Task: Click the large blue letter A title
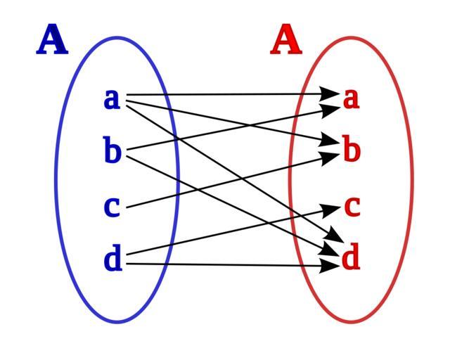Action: pos(53,40)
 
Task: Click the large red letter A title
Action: pos(286,40)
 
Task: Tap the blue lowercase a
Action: pos(112,98)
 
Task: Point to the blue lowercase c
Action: pos(112,207)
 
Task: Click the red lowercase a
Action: pos(351,98)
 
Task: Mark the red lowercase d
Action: pos(351,258)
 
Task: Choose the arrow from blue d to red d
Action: pos(232,265)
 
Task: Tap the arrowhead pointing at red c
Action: pos(333,207)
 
